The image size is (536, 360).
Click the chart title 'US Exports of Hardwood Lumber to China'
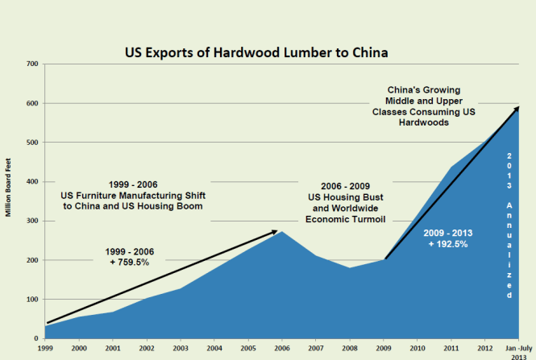(x=256, y=53)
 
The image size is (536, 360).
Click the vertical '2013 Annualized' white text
(x=509, y=226)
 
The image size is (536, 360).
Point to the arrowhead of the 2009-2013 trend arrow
(x=516, y=109)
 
